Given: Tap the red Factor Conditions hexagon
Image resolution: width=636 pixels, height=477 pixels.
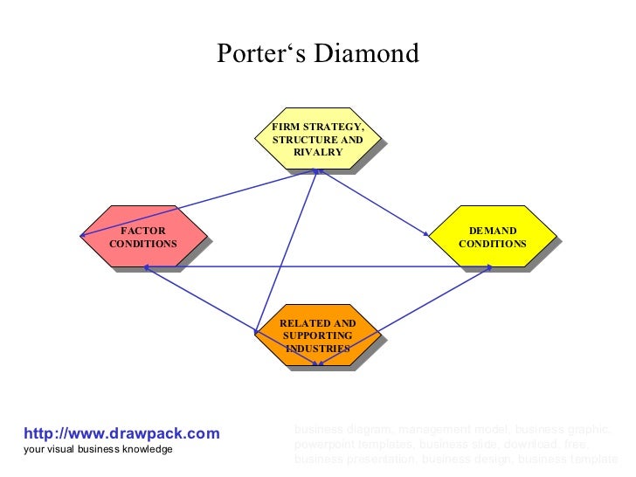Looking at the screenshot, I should (x=142, y=237).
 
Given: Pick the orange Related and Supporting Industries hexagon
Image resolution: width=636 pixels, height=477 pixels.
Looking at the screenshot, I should (x=317, y=335).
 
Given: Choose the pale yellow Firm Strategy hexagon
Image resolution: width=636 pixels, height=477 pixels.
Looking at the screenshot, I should (x=317, y=140).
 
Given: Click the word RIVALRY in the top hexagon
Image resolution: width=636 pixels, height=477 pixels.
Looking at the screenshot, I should (x=318, y=152).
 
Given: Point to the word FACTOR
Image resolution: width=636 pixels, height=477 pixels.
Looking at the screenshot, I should (x=143, y=231).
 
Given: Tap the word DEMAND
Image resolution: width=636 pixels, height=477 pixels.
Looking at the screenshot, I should (x=493, y=231).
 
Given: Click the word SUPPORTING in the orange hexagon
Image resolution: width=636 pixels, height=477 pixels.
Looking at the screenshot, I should (x=318, y=335).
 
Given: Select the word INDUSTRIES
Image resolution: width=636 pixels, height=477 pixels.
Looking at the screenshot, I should (x=318, y=348).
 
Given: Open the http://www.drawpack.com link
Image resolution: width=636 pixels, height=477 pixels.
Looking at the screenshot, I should (x=121, y=433).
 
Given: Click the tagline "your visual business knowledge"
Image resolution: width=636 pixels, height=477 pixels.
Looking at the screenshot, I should (x=98, y=449).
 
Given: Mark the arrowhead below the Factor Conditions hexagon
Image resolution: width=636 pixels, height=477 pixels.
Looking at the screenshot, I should (x=148, y=268).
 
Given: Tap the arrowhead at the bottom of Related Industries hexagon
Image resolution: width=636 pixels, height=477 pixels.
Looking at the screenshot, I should (x=319, y=361).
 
